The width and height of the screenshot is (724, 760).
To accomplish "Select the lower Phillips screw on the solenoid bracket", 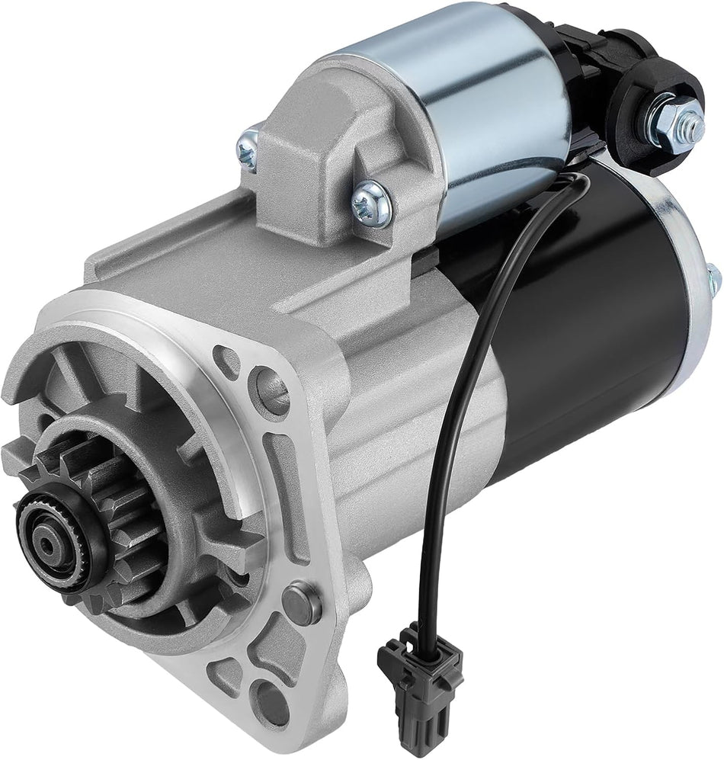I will pos(372,200).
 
